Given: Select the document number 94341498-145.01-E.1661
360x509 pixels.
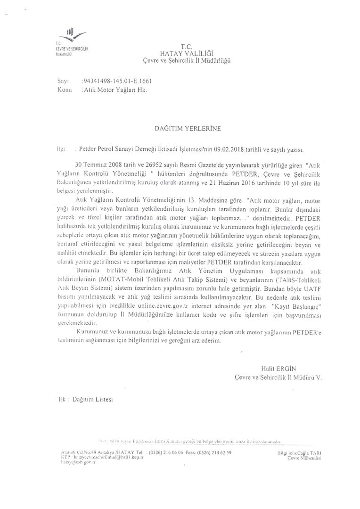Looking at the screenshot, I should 116,81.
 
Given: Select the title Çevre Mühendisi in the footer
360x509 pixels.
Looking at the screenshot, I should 304,458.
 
